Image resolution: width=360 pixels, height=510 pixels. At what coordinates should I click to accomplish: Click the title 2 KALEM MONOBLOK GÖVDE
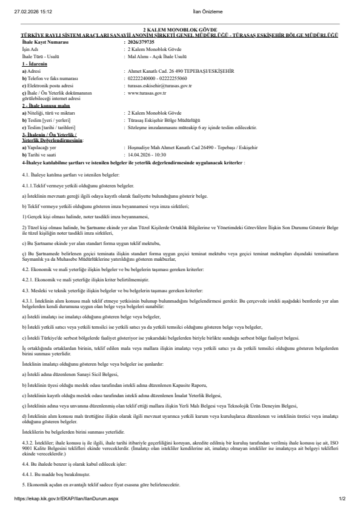tap(179, 30)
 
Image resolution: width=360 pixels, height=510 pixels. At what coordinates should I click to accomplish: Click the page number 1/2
tap(342, 498)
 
